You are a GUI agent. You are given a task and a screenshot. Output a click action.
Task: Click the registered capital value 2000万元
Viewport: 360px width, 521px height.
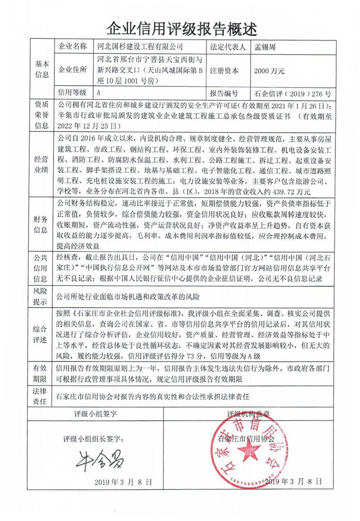click(x=269, y=71)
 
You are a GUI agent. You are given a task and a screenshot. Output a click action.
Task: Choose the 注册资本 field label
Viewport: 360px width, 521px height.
click(x=224, y=71)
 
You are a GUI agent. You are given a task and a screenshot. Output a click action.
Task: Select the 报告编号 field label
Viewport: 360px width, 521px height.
click(x=224, y=94)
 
